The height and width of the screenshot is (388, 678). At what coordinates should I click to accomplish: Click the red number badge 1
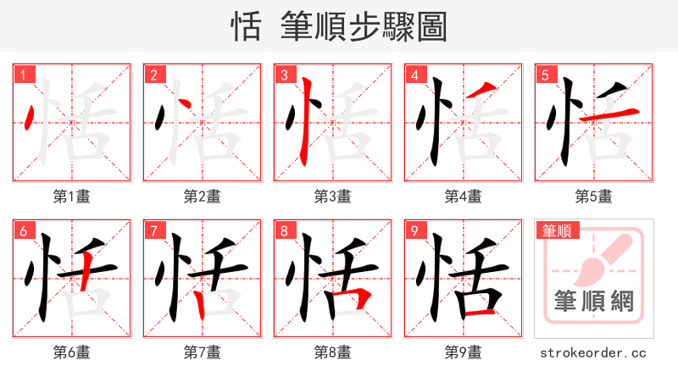[x=23, y=75]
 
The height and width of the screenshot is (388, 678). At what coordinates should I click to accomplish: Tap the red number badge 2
[x=153, y=75]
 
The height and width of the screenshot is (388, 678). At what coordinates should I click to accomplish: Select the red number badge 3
[x=284, y=75]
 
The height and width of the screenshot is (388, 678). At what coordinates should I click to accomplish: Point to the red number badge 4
[x=414, y=75]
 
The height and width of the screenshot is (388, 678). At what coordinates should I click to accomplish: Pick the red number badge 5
[x=545, y=75]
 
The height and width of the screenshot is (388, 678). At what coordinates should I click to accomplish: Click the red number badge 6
[x=23, y=230]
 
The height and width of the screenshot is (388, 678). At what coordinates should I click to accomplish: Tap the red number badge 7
[x=153, y=230]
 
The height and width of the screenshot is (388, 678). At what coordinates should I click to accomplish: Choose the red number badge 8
[x=284, y=230]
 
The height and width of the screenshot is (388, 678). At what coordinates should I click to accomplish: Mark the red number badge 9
[x=414, y=230]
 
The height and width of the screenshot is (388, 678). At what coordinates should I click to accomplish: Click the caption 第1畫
[x=72, y=197]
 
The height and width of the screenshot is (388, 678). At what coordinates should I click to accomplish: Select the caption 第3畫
[x=333, y=197]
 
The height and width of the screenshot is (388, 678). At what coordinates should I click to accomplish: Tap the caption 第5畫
[x=594, y=197]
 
